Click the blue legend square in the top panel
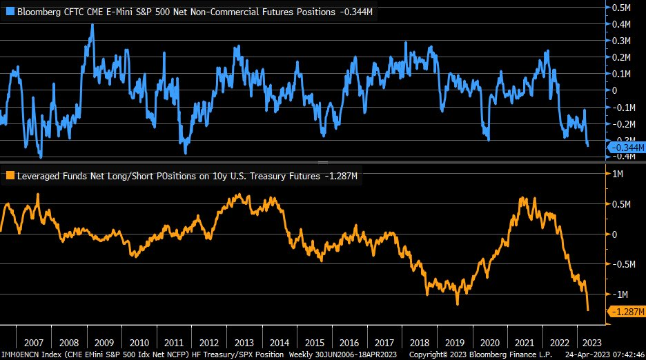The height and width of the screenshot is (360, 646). tap(10, 12)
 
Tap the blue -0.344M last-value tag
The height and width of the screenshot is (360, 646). tap(626, 147)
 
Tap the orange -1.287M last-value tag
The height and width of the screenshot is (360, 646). tap(626, 312)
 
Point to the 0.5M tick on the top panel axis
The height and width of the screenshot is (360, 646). tap(624, 8)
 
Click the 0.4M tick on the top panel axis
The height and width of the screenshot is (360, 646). tap(624, 24)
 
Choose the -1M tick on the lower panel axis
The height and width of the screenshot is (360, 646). tap(623, 294)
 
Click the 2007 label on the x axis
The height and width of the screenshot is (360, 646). tap(32, 343)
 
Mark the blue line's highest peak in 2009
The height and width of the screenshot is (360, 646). tap(92, 25)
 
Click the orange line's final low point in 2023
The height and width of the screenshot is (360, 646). tap(588, 310)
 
